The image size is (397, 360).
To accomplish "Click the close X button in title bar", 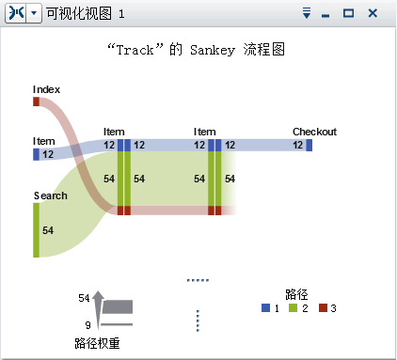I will [373, 14].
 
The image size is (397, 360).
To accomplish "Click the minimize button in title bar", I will [326, 14].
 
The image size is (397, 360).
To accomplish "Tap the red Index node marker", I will [37, 102].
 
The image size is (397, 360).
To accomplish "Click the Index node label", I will [46, 89].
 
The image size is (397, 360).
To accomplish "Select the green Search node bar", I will [37, 229].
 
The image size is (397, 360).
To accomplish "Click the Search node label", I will [50, 196].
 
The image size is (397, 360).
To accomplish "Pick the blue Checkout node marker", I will [310, 145].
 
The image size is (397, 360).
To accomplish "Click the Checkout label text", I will [314, 132].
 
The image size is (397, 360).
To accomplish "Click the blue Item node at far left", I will [37, 153].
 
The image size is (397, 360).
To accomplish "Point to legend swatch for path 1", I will [265, 308].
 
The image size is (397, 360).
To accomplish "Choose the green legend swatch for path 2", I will [293, 308].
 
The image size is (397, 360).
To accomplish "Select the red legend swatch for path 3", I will [322, 308].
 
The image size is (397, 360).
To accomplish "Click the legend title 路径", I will [298, 293].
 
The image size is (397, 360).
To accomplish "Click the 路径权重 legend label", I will [97, 343].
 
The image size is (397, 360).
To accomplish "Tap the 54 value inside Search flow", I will [48, 230].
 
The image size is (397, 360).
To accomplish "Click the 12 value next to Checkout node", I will [298, 145].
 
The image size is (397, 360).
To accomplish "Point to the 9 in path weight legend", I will [87, 325].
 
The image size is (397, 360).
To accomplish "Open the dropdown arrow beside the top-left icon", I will [34, 14].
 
